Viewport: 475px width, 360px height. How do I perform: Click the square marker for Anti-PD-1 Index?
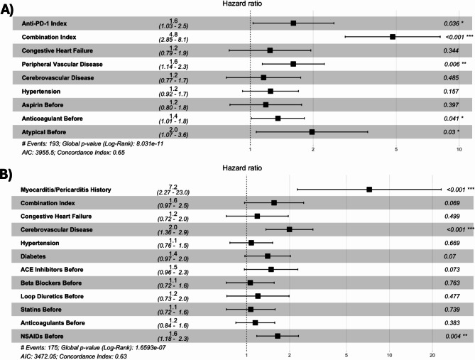pyautogui.click(x=293, y=23)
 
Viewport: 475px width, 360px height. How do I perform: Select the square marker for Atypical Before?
pyautogui.click(x=312, y=132)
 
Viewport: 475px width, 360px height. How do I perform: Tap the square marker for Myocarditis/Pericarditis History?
pyautogui.click(x=369, y=190)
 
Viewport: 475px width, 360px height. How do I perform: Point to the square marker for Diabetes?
pyautogui.click(x=268, y=255)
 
